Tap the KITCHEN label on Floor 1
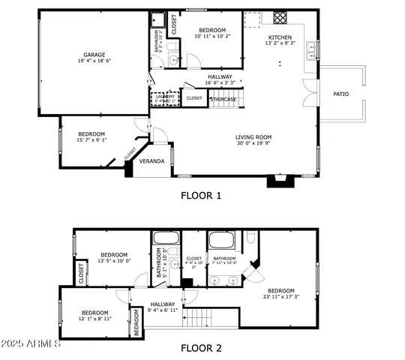[x=280, y=37]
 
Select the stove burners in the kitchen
[x=280, y=16]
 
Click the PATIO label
[x=341, y=94]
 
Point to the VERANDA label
[x=152, y=161]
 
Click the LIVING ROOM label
[x=253, y=137]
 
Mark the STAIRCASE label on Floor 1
[x=223, y=98]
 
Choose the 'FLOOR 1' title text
[x=201, y=196]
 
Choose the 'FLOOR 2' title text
[x=201, y=348]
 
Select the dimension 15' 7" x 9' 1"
[x=91, y=139]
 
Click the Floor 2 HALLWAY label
[x=162, y=304]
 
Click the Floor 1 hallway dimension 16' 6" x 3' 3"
[x=220, y=83]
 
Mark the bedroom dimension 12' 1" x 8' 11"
[x=95, y=319]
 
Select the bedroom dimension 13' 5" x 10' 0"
[x=114, y=262]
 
